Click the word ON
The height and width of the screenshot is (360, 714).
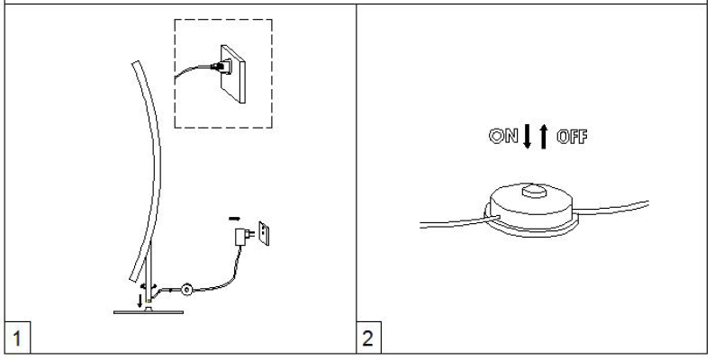pos(503,136)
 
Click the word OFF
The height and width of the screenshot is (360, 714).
pos(572,137)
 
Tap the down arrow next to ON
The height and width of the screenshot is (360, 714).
pos(528,136)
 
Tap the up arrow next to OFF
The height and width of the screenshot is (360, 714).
pos(543,136)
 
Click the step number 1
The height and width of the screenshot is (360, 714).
pos(17,338)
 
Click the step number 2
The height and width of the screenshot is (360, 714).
pos(367,338)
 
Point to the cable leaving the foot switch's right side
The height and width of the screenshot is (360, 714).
pos(610,208)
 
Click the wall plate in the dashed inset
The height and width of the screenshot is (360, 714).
pos(233,74)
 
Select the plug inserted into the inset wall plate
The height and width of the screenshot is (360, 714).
pos(221,67)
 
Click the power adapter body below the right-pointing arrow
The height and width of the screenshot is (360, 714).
pos(240,237)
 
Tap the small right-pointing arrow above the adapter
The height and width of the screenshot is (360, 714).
pos(234,219)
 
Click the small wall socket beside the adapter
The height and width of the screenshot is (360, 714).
pos(264,233)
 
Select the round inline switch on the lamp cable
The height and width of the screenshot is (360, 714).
pos(186,290)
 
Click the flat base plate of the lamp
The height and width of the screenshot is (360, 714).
pos(149,312)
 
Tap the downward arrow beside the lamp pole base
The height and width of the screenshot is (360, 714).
pos(140,301)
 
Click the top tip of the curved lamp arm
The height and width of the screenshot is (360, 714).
pos(135,62)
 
